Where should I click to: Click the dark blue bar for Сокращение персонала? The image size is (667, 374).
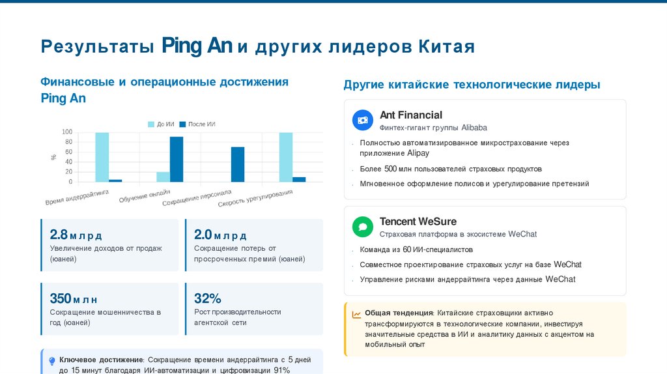click(x=238, y=164)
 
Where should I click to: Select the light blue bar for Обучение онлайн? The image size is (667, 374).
click(x=163, y=177)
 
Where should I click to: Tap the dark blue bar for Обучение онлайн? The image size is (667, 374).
click(x=177, y=159)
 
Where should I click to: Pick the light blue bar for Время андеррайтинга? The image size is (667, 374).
click(x=102, y=157)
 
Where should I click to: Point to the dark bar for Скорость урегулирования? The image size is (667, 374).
click(x=299, y=179)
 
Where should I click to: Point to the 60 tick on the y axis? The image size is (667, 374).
click(x=68, y=152)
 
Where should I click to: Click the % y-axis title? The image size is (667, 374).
click(x=53, y=157)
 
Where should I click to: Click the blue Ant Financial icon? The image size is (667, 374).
click(x=363, y=120)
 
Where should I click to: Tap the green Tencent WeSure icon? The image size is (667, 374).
click(x=363, y=227)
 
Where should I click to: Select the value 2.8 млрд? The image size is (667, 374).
click(x=76, y=235)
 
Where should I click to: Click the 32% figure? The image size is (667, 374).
click(x=208, y=298)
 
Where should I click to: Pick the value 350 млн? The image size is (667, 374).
click(x=74, y=298)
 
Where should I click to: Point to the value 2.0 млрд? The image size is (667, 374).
click(x=220, y=235)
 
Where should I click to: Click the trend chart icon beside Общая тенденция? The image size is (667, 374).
click(x=356, y=314)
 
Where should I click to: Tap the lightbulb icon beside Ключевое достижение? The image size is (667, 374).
click(x=52, y=360)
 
